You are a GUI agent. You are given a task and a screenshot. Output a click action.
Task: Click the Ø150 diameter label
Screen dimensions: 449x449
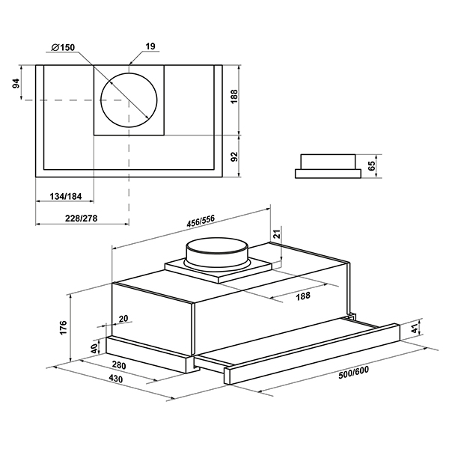pyautogui.click(x=63, y=47)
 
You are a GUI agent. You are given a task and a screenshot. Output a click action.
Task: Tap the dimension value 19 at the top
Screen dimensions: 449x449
pyautogui.click(x=150, y=46)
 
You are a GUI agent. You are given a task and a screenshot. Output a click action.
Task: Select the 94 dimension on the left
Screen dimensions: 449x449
pyautogui.click(x=16, y=83)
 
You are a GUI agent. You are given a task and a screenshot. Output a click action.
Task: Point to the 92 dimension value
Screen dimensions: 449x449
pyautogui.click(x=234, y=156)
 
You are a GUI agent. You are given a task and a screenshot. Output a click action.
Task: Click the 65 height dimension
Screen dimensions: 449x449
pyautogui.click(x=371, y=166)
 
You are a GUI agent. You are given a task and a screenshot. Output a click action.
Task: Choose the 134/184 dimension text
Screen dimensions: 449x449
pyautogui.click(x=66, y=196)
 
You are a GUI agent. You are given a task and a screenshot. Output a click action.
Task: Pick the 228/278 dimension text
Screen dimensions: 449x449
pyautogui.click(x=82, y=219)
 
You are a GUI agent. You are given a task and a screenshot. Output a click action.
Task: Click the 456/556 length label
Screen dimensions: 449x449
pyautogui.click(x=201, y=221)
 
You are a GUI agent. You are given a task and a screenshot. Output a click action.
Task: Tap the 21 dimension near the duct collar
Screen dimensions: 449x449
pyautogui.click(x=278, y=234)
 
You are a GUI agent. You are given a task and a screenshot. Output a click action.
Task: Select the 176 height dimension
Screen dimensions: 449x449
pyautogui.click(x=63, y=327)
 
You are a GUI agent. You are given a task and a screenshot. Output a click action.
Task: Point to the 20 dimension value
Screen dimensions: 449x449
pyautogui.click(x=123, y=319)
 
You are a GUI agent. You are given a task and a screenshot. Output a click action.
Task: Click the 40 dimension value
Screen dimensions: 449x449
pyautogui.click(x=94, y=349)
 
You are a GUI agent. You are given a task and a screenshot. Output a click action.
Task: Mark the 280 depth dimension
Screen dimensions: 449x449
pyautogui.click(x=119, y=365)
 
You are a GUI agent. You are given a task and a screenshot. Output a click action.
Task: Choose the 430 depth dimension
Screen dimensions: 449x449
pyautogui.click(x=116, y=379)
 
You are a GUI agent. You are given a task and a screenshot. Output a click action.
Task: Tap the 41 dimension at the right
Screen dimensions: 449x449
pyautogui.click(x=415, y=330)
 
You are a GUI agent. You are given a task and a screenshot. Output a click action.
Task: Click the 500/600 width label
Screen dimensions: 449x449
pyautogui.click(x=354, y=373)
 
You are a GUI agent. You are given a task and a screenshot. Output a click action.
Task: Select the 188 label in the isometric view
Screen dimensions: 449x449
pyautogui.click(x=303, y=296)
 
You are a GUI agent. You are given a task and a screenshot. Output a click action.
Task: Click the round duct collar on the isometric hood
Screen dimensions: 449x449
pyautogui.click(x=217, y=253)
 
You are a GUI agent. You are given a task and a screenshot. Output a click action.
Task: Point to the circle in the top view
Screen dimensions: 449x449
pyautogui.click(x=129, y=100)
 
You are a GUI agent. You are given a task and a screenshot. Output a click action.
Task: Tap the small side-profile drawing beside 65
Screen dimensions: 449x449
pyautogui.click(x=329, y=166)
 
